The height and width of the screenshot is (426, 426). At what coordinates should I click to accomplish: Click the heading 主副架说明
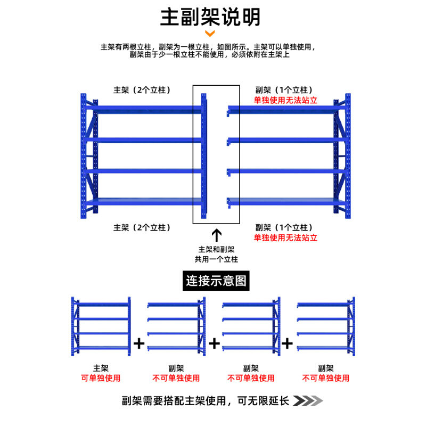click(211, 17)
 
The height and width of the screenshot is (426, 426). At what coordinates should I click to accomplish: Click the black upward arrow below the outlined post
click(216, 235)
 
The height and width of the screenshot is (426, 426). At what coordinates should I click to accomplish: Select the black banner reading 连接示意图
click(217, 280)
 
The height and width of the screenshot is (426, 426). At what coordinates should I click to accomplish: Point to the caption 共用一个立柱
click(216, 259)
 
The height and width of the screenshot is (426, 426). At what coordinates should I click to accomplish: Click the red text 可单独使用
click(101, 378)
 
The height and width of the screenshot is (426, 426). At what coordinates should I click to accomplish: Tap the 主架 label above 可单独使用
click(101, 368)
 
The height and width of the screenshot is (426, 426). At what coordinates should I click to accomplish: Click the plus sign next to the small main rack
click(139, 343)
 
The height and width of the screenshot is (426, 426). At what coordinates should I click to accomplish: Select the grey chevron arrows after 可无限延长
click(309, 400)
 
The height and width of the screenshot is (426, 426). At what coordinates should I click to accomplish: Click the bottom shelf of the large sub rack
click(282, 201)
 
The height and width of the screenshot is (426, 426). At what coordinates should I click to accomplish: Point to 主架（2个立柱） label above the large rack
click(142, 90)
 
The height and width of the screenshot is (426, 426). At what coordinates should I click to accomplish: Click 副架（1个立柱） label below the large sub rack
click(284, 227)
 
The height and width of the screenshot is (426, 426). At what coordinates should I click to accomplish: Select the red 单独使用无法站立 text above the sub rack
click(285, 100)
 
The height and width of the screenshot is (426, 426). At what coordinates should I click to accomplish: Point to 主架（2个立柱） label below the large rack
click(142, 227)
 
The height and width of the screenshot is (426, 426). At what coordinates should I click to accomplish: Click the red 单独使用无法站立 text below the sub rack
click(285, 237)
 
